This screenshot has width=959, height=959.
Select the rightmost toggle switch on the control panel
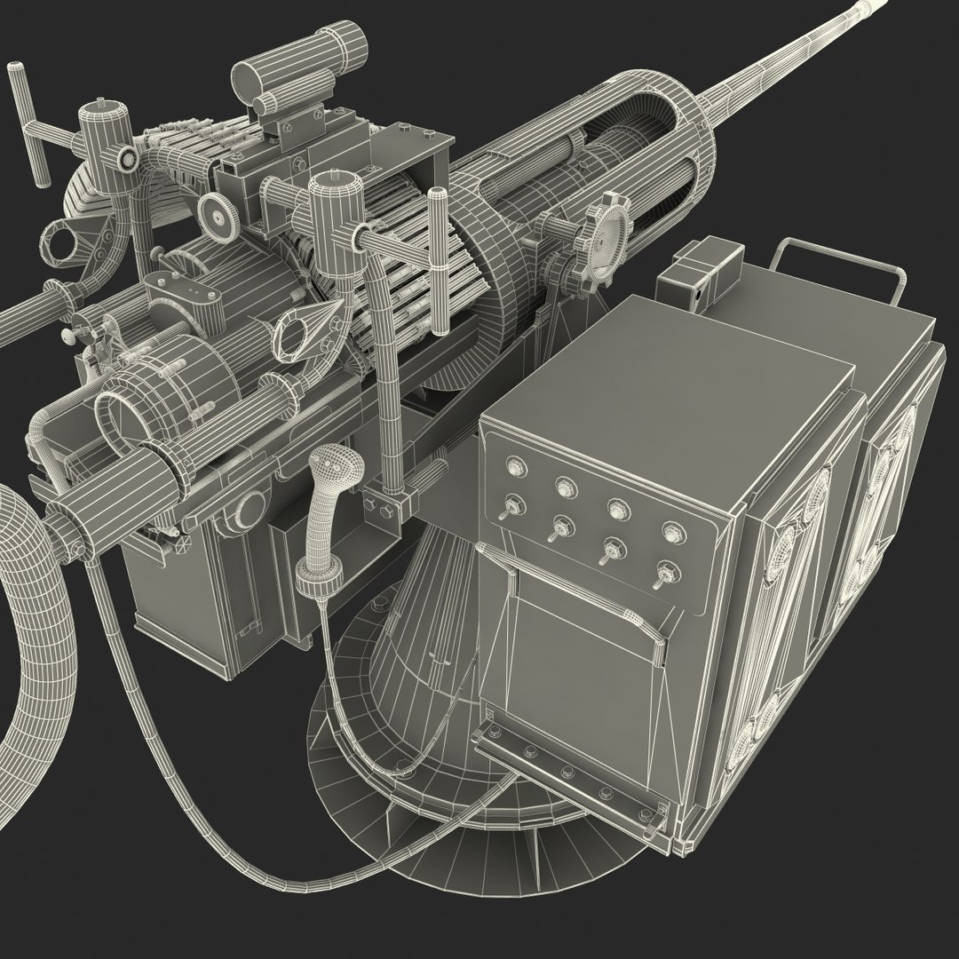click(662, 579)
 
